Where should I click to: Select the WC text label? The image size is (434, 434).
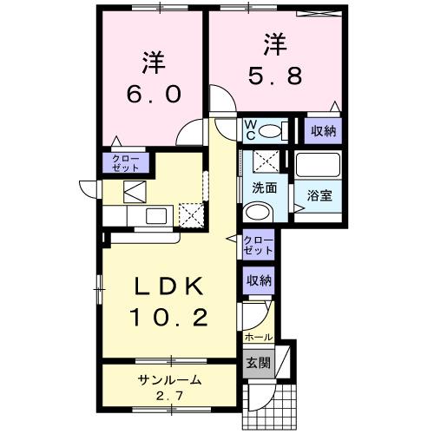pyautogui.click(x=249, y=129)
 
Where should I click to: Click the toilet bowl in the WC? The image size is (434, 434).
pyautogui.click(x=273, y=131)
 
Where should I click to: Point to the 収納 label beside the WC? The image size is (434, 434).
pyautogui.click(x=321, y=130)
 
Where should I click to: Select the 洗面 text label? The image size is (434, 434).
pyautogui.click(x=264, y=187)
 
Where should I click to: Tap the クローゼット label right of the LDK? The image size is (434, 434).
pyautogui.click(x=258, y=245)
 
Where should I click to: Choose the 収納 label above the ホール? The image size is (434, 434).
pyautogui.click(x=258, y=280)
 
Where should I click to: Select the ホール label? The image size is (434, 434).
pyautogui.click(x=260, y=337)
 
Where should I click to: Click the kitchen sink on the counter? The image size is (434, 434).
pyautogui.click(x=157, y=215)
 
